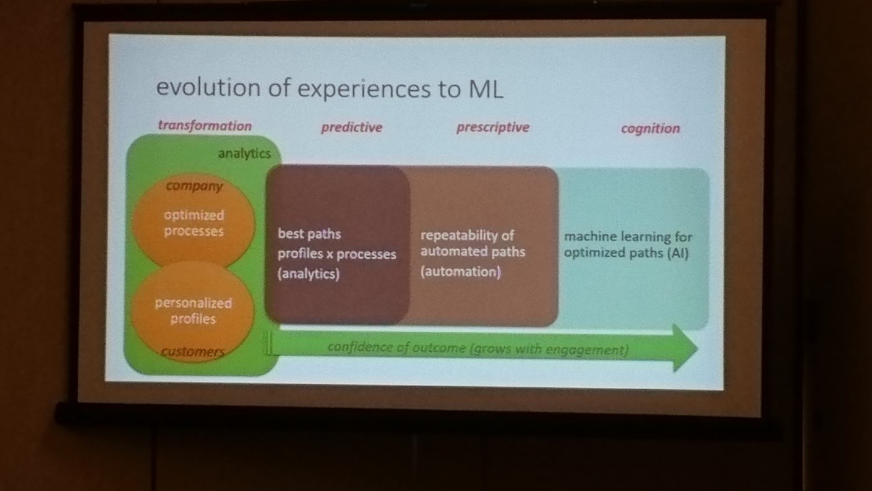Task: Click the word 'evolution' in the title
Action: coord(209,87)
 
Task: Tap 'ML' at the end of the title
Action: coord(486,89)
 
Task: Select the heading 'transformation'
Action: coord(205,126)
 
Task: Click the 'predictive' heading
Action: coord(351,127)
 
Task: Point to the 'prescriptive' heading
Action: coord(493,127)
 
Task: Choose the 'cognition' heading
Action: coord(650,129)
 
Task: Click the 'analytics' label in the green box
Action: coord(244,154)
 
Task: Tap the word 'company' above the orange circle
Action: coord(195,186)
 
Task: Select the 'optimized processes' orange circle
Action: coord(193,223)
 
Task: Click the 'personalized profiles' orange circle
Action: coord(193,311)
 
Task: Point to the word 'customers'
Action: coord(193,351)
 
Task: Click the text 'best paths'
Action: coord(310,234)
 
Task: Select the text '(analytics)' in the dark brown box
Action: coord(309,273)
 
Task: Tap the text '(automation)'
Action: coord(460,271)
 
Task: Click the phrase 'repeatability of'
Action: coord(467,235)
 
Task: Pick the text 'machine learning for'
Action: coord(628,237)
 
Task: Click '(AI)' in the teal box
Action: coord(677,253)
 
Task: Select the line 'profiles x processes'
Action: coord(337,254)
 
